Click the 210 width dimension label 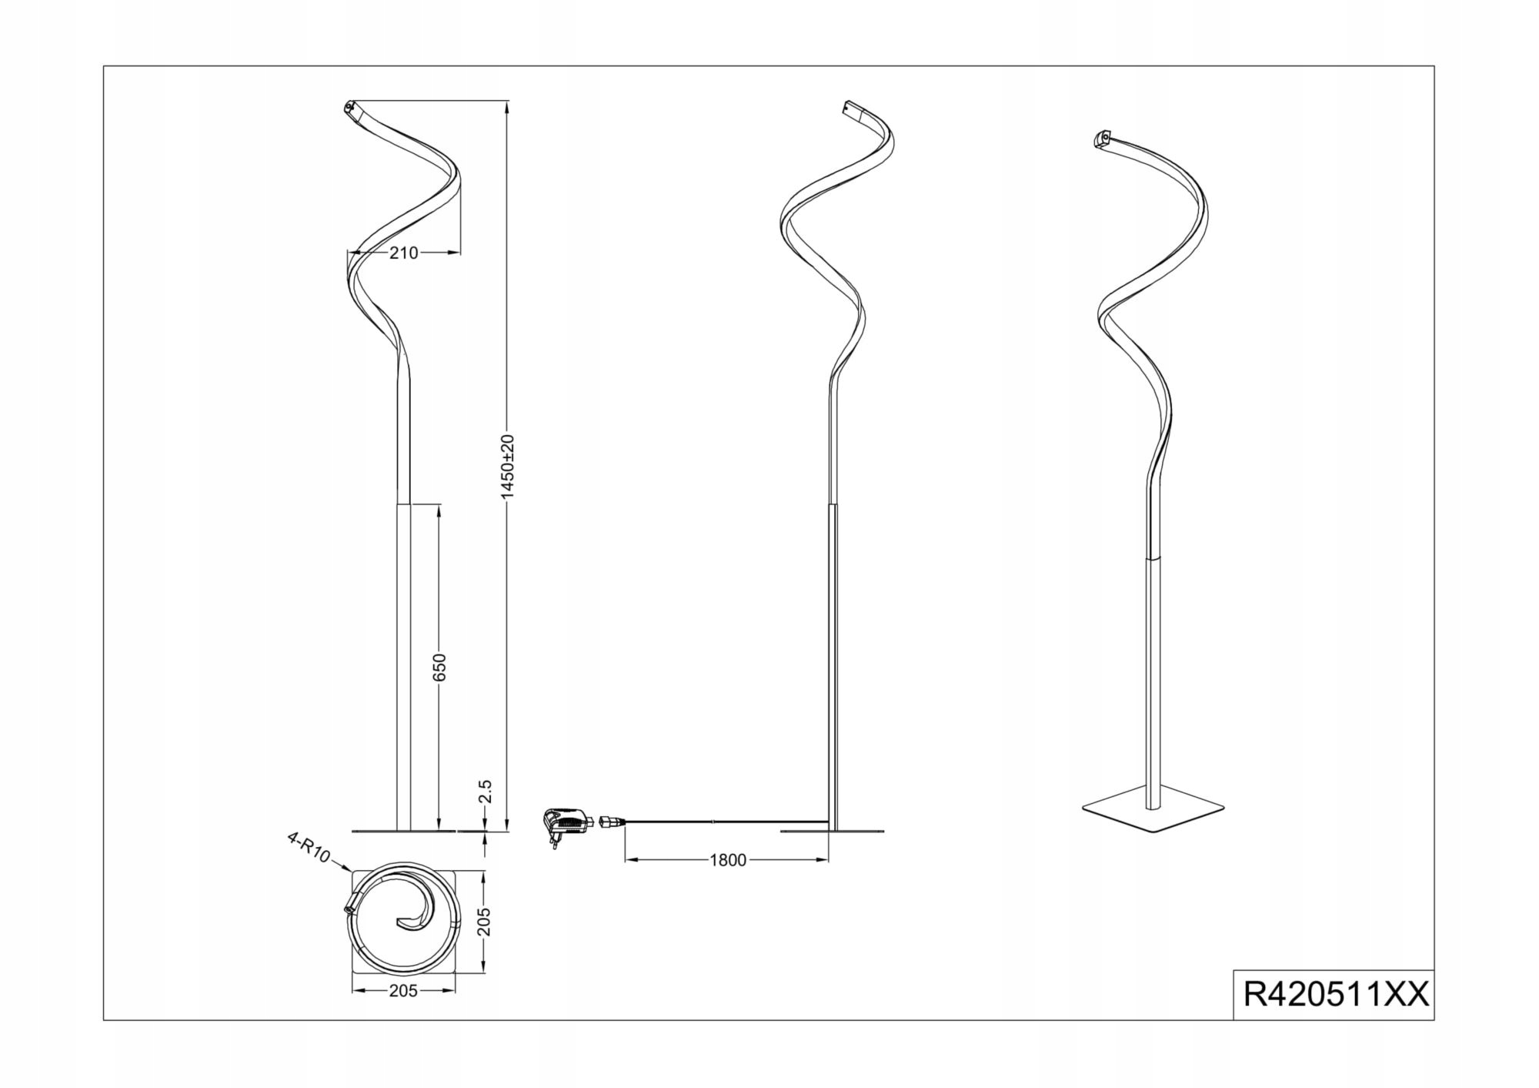[x=403, y=253]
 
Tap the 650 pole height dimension [x=439, y=667]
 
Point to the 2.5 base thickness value [x=485, y=791]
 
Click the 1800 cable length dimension [x=727, y=860]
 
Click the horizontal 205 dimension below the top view [x=403, y=991]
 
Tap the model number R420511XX [x=1336, y=995]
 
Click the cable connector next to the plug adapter [x=609, y=822]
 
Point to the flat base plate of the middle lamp [x=832, y=832]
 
